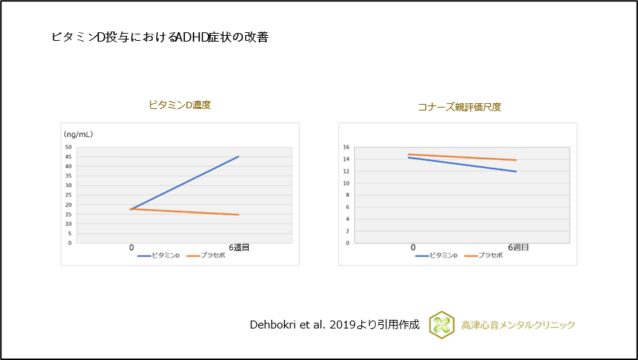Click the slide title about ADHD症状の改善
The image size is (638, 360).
[x=160, y=37]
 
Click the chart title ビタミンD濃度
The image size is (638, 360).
[x=180, y=105]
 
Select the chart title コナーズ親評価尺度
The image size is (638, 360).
[x=460, y=107]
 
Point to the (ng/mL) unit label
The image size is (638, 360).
[x=78, y=134]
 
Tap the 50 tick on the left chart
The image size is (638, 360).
[x=68, y=147]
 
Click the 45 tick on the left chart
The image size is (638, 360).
[x=68, y=157]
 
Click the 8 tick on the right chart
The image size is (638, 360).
[x=348, y=195]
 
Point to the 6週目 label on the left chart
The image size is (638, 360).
[x=239, y=247]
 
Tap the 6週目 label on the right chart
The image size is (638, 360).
[x=518, y=247]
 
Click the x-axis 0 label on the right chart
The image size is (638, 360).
[x=413, y=247]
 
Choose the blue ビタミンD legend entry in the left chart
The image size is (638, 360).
[x=158, y=256]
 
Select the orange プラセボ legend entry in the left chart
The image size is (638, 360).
[x=206, y=256]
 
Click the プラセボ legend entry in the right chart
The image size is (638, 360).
[x=484, y=256]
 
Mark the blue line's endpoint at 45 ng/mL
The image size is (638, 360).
[x=239, y=156]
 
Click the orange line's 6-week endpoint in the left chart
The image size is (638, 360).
[x=239, y=214]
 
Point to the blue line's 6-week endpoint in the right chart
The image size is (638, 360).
[x=516, y=171]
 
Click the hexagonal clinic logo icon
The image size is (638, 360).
[x=442, y=325]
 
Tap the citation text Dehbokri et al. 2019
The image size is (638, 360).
[x=309, y=325]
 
